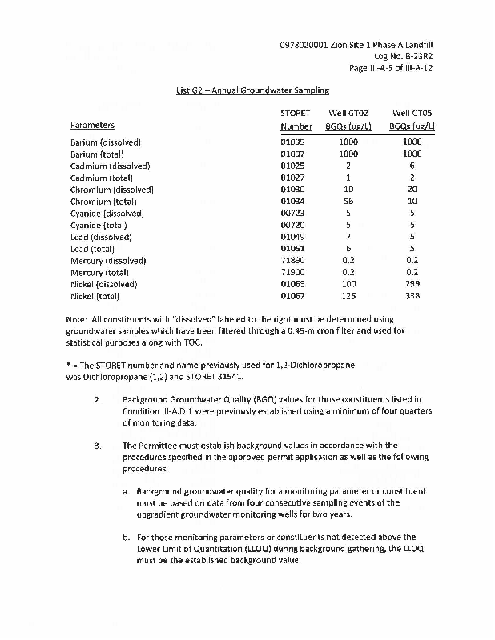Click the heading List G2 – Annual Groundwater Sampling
click(x=252, y=91)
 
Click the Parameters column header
click(x=92, y=126)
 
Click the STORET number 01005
click(x=296, y=142)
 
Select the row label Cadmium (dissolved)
click(x=111, y=166)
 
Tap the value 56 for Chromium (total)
click(x=348, y=202)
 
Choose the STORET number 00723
click(x=296, y=214)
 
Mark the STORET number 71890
click(x=296, y=261)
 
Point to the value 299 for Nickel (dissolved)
click(x=412, y=284)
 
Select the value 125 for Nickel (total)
click(x=348, y=296)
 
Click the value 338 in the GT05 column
click(x=412, y=296)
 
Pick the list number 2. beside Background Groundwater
click(x=97, y=399)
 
